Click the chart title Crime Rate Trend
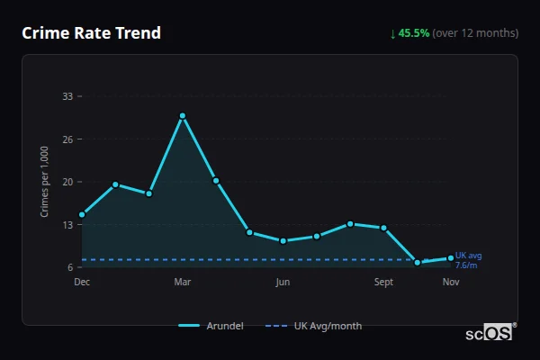point(91,33)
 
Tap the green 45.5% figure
point(415,33)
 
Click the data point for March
point(183,116)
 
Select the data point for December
point(82,215)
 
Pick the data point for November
point(451,258)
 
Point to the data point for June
point(283,240)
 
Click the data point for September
point(384,228)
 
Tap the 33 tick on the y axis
point(67,96)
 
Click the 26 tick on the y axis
point(67,139)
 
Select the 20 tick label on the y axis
point(67,182)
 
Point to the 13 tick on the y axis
point(67,225)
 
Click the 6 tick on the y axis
point(68,267)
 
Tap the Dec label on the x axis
point(82,283)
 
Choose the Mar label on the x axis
point(183,283)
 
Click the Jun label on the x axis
point(283,283)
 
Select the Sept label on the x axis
point(383,283)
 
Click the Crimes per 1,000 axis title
point(45,182)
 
